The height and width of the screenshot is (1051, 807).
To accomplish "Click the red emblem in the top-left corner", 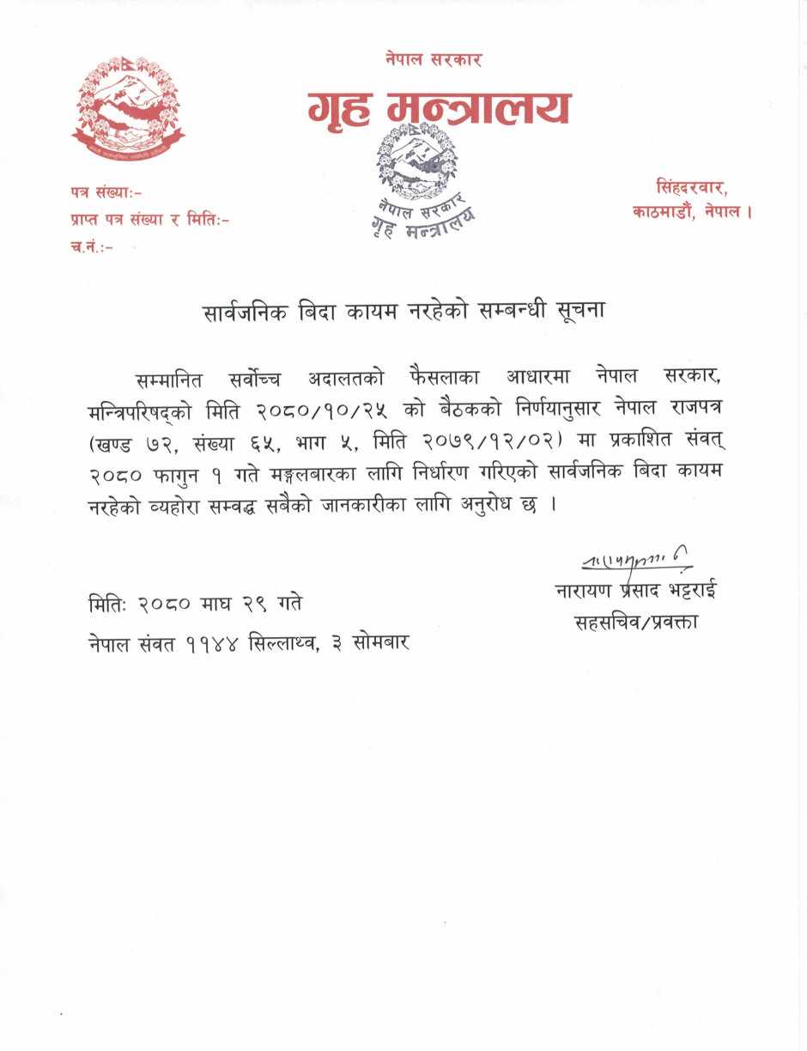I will [x=127, y=106].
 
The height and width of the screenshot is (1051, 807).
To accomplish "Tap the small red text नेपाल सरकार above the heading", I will [x=434, y=59].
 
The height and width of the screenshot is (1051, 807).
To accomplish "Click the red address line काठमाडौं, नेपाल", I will [x=692, y=210].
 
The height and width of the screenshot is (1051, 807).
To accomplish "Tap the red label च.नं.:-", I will [x=92, y=247].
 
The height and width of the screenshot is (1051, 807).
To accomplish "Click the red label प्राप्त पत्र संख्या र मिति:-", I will [x=150, y=220].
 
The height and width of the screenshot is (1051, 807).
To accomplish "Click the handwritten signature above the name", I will [x=635, y=561].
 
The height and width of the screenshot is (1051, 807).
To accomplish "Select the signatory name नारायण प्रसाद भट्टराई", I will [x=635, y=592].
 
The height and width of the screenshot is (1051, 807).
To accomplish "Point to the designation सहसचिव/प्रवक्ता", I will [x=636, y=622].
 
